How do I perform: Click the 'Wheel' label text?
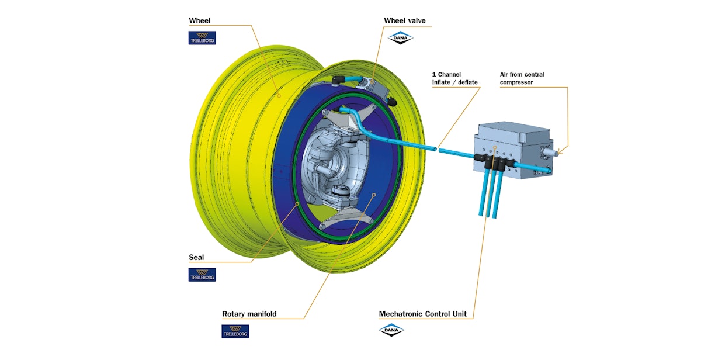pos(199,21)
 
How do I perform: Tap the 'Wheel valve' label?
pos(404,21)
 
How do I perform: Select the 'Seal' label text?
pos(196,257)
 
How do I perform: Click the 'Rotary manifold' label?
pos(249,314)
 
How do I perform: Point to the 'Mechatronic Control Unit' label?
pos(422,314)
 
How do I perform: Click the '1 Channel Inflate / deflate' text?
pos(455,78)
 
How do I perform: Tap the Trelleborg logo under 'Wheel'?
pos(202,38)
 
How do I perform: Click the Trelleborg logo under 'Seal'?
pos(202,275)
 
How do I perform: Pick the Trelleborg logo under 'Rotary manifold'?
pos(235,331)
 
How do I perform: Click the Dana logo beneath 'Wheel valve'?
pos(400,38)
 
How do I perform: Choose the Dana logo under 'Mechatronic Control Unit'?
pos(391,330)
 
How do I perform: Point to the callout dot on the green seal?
pos(298,203)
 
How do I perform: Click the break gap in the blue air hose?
pos(437,149)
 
